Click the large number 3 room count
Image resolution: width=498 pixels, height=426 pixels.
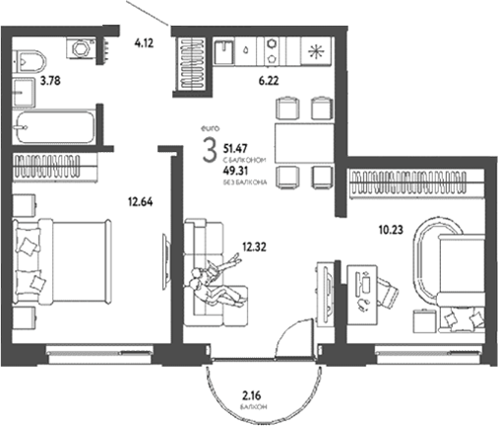[209, 152]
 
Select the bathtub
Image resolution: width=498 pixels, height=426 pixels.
[57, 125]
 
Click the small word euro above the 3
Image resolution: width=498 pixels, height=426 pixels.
[209, 127]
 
